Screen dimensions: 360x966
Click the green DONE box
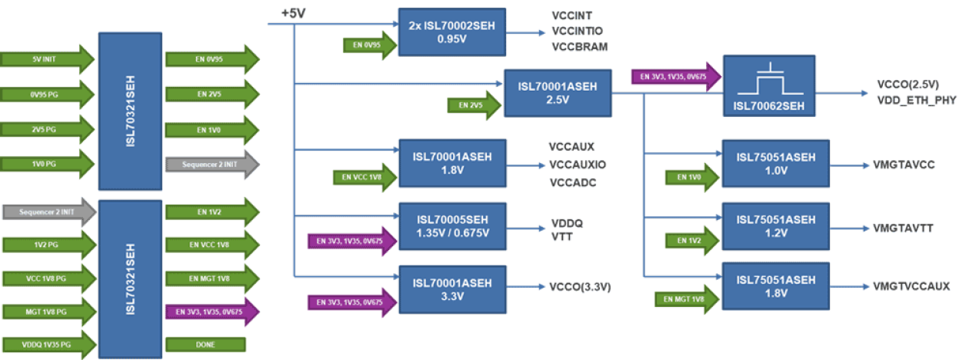[205, 344]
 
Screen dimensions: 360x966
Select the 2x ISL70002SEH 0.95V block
[452, 32]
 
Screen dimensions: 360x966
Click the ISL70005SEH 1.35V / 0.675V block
[452, 227]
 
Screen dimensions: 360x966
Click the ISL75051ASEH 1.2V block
[775, 228]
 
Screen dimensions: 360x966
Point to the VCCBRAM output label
[579, 46]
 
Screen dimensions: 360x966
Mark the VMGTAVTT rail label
[904, 228]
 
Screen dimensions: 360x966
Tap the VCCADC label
[573, 182]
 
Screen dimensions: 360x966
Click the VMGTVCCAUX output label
[911, 286]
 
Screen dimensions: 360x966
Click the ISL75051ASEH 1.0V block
[775, 164]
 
